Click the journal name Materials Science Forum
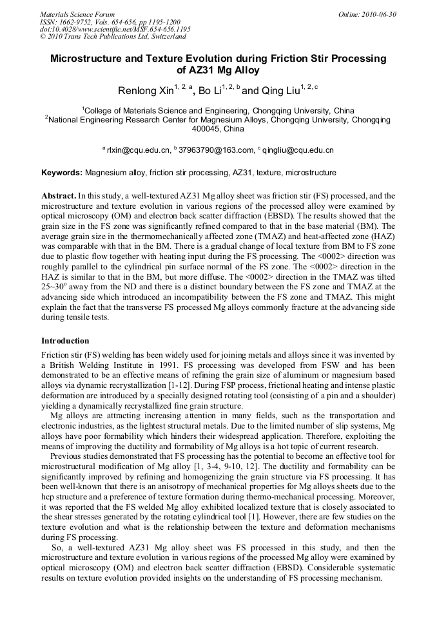coord(77,14)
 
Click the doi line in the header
coord(115,29)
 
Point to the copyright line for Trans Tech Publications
coord(112,37)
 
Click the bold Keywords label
coord(62,173)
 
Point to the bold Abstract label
coord(59,195)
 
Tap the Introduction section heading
coord(65,340)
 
